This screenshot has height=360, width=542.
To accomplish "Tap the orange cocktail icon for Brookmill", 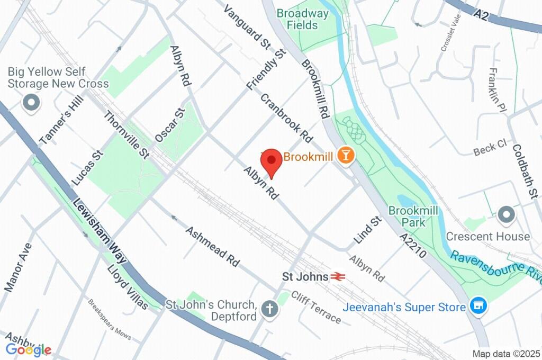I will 347,156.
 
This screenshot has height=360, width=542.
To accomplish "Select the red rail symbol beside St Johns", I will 338,276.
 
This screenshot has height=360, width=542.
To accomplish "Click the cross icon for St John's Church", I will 270,310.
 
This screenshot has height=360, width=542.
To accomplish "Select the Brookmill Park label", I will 413,217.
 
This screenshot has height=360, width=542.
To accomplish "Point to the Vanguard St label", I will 246,28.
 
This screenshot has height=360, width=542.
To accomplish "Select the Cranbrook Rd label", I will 286,118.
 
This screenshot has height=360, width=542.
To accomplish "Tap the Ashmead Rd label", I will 212,246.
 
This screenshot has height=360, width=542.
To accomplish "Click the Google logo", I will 29,349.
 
